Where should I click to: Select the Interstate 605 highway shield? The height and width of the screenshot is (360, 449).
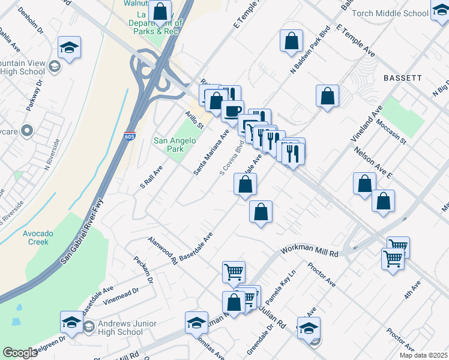pyautogui.click(x=130, y=136)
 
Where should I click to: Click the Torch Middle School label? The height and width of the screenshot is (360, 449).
pyautogui.click(x=398, y=13)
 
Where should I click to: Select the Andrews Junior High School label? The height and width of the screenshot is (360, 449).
pyautogui.click(x=114, y=328)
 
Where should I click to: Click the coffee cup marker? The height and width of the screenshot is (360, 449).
pyautogui.click(x=232, y=110)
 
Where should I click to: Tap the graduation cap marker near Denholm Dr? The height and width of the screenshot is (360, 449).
pyautogui.click(x=70, y=48)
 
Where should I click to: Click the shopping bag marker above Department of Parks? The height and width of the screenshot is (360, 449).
pyautogui.click(x=161, y=11)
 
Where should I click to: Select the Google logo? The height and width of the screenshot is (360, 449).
pyautogui.click(x=20, y=353)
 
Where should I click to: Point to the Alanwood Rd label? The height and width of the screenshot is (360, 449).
pyautogui.click(x=163, y=249)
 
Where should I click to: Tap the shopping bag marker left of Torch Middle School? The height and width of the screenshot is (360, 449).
pyautogui.click(x=291, y=41)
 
